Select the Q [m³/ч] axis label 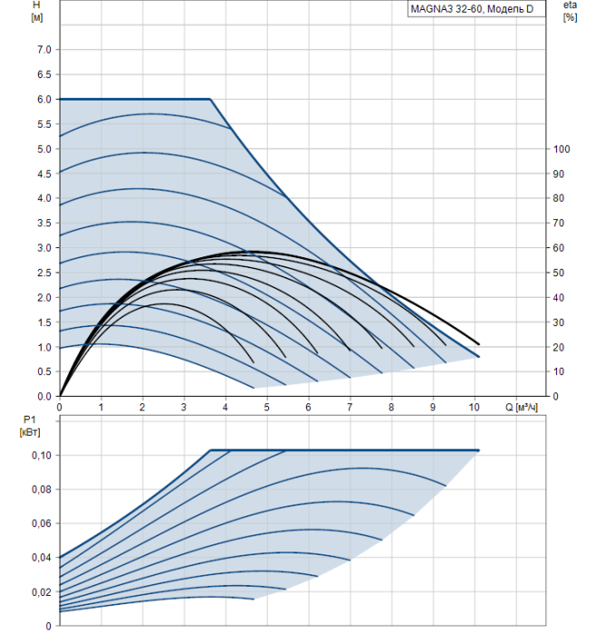(523, 407)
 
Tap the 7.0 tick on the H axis (43, 49)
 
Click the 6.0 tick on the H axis (43, 99)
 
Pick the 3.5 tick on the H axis (43, 223)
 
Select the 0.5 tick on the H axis (43, 371)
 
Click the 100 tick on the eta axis (560, 149)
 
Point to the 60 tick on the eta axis (560, 248)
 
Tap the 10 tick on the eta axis (560, 371)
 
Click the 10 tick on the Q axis (474, 407)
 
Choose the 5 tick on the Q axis (267, 407)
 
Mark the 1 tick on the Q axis (101, 407)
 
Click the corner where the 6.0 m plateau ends (210, 99)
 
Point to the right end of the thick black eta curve (478, 344)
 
